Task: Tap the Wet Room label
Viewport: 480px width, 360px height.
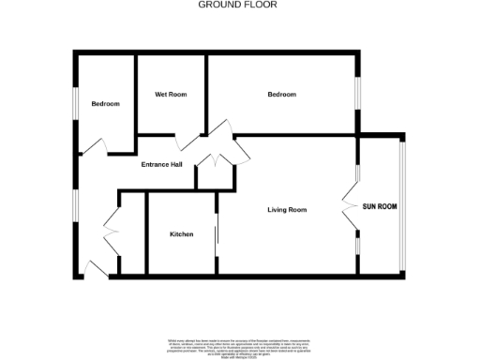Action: (171, 95)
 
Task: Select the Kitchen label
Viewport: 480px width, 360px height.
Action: (182, 233)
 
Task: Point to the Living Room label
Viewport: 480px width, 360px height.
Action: (287, 209)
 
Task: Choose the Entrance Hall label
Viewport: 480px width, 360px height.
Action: (161, 165)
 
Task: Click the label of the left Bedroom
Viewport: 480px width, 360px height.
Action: (105, 103)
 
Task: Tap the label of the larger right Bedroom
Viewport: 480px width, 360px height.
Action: (281, 95)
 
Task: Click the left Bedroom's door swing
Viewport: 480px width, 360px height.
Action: (95, 145)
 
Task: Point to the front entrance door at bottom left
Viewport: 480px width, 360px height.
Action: (97, 269)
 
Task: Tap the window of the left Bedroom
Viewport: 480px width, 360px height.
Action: (76, 104)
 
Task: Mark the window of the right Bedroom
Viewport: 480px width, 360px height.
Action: (356, 94)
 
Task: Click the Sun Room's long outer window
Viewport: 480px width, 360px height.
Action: (403, 205)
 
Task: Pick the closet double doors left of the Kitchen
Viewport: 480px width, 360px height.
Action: (112, 228)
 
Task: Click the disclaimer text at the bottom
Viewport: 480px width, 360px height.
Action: (239, 343)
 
